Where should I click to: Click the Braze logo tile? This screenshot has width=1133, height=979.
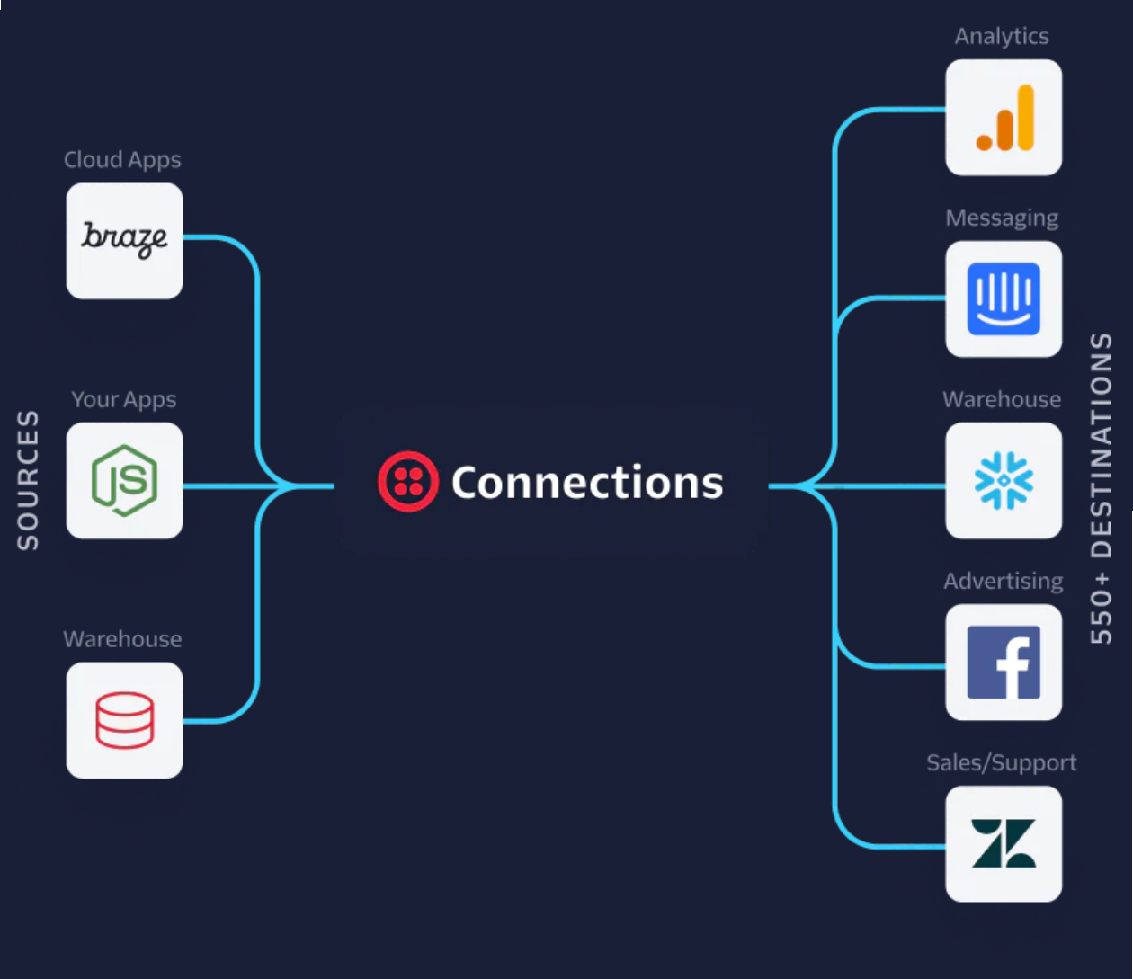[124, 241]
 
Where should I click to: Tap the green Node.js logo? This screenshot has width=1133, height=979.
[124, 480]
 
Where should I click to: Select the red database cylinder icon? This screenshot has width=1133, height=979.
[124, 720]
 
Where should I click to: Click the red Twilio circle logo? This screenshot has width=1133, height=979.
[408, 481]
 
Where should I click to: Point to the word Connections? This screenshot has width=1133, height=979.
[587, 482]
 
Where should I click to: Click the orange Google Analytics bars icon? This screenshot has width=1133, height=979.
[1005, 117]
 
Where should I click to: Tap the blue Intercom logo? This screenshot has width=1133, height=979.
[1004, 298]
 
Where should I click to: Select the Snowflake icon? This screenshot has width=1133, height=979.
[1004, 480]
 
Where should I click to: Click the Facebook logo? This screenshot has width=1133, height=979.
[1004, 663]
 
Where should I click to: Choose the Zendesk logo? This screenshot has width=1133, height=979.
[1004, 843]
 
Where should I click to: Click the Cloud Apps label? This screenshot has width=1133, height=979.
[122, 160]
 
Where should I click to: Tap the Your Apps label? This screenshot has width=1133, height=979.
[124, 400]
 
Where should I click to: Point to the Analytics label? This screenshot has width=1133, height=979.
[1002, 37]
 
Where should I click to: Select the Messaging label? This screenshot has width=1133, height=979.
[1002, 218]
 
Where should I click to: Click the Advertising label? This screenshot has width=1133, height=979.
[1004, 581]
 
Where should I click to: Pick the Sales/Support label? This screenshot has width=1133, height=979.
[1002, 763]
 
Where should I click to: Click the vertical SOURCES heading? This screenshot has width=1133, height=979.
[27, 480]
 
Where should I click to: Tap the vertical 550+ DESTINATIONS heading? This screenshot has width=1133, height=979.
[1101, 488]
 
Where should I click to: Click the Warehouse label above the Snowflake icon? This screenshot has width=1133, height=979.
[1002, 400]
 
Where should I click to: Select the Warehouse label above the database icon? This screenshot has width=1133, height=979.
[122, 639]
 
